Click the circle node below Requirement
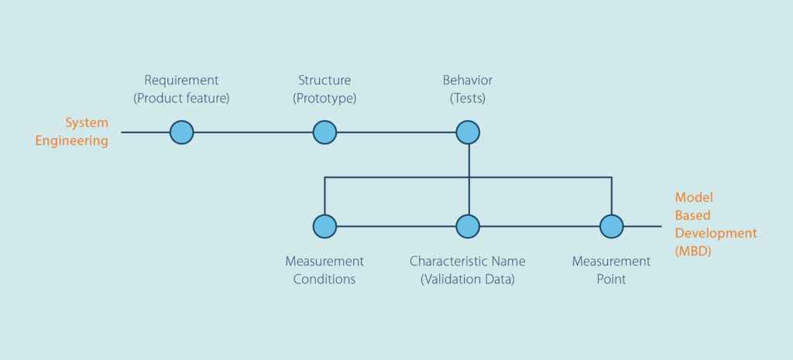[x=181, y=132]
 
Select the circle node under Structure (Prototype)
[x=324, y=132]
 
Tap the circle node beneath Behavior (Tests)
[x=468, y=132]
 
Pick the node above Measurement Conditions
[x=324, y=226]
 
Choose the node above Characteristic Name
[x=468, y=226]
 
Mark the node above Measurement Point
[x=612, y=226]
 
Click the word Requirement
[x=181, y=81]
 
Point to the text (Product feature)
[x=181, y=98]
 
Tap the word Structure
[x=324, y=81]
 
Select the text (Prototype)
[x=324, y=98]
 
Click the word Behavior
[x=468, y=81]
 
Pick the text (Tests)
[x=468, y=98]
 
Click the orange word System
[x=87, y=123]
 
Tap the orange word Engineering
[x=72, y=141]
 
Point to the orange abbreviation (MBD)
[x=693, y=252]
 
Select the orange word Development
[x=716, y=234]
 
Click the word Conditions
[x=324, y=279]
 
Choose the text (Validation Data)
[x=468, y=279]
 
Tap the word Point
[x=612, y=279]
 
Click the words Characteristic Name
[x=468, y=262]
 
